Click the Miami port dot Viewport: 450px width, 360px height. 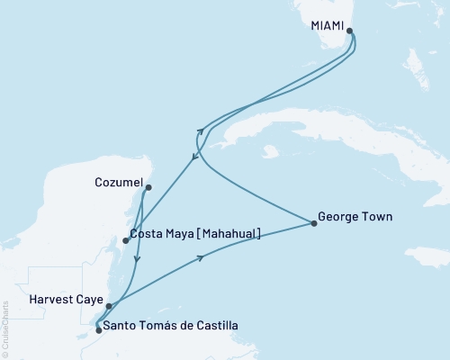point(349,35)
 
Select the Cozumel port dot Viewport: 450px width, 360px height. point(148,188)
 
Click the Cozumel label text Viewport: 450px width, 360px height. point(118,183)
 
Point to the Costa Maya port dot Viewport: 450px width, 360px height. point(126,240)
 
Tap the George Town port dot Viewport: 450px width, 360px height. point(314,222)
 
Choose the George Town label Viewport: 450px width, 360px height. point(355,217)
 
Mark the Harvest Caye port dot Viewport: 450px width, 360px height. point(109,306)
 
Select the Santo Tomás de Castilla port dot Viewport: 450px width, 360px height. point(98,330)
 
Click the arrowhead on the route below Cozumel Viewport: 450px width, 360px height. point(136,260)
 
